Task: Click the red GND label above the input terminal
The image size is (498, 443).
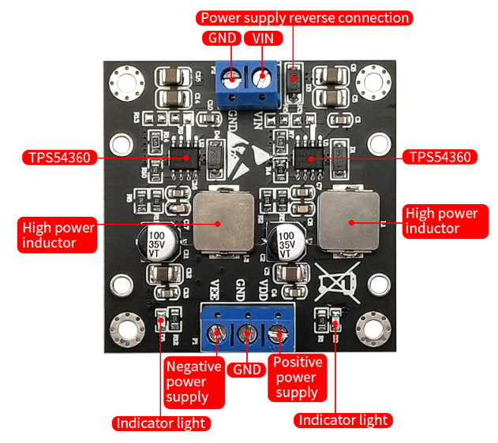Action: [x=221, y=39]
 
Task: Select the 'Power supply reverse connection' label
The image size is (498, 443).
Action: [x=305, y=17]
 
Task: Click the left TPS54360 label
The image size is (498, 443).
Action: [x=59, y=157]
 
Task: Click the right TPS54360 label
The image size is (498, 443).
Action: [x=439, y=157]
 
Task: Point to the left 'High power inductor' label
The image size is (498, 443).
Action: [x=58, y=235]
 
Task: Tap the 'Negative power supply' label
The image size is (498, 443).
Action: [x=187, y=380]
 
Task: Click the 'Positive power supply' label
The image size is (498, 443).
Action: [x=297, y=377]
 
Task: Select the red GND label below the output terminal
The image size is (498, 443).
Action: [x=245, y=369]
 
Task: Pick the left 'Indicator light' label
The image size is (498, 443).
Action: [x=161, y=423]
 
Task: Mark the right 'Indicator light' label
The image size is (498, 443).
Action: [x=343, y=420]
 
